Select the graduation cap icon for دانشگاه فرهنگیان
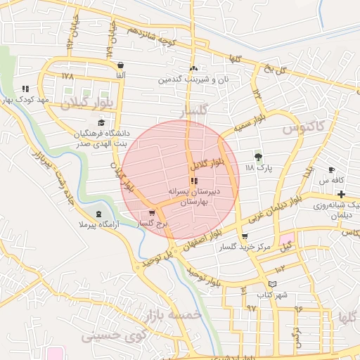click(x=92, y=122)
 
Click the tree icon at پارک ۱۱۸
click(x=258, y=157)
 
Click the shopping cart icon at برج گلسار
click(x=152, y=213)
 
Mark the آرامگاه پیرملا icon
click(x=98, y=214)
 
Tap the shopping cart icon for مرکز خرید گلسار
click(x=245, y=237)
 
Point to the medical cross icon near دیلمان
click(x=342, y=193)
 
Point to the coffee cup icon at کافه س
click(x=332, y=170)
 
